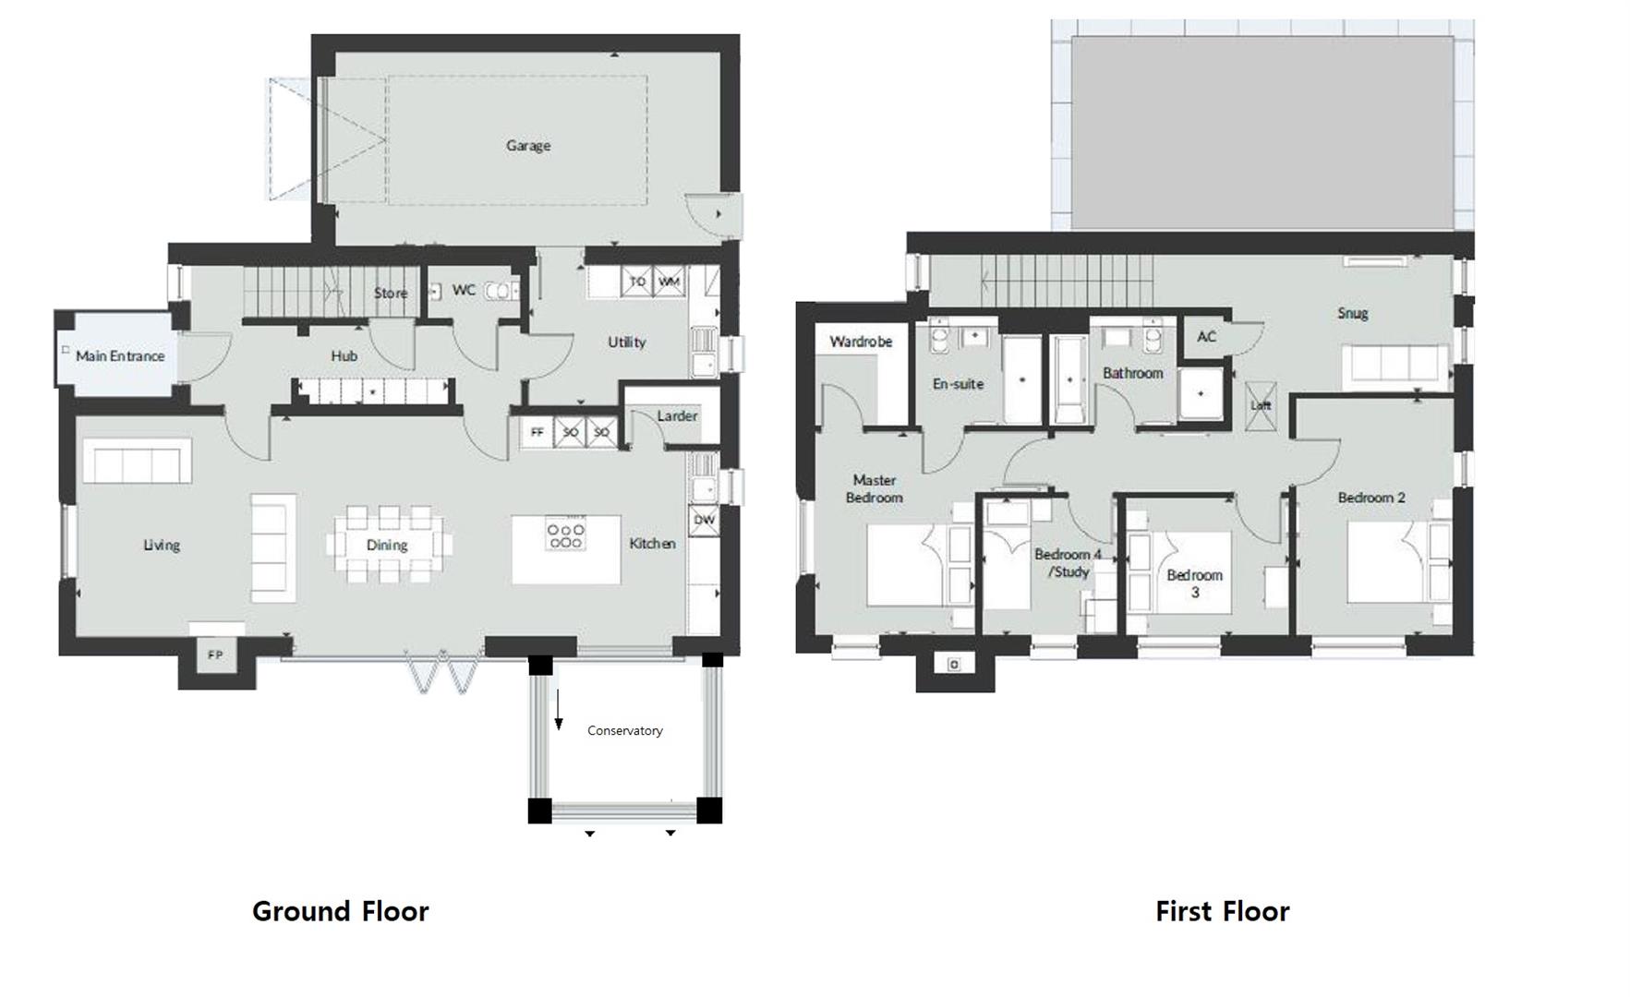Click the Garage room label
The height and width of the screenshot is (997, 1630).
coord(527,145)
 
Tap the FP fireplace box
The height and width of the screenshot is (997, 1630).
coord(215,655)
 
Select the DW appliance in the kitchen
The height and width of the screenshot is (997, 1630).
coord(704,520)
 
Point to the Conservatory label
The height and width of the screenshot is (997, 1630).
coord(624,730)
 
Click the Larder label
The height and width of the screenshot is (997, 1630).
coord(677,416)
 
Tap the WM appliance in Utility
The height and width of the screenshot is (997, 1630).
coord(669,282)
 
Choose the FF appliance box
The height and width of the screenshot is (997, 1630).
coord(537,432)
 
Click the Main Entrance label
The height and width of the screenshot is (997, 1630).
coord(120,355)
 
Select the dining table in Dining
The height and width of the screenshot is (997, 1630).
coord(387,545)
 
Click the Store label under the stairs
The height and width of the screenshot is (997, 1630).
coord(390,293)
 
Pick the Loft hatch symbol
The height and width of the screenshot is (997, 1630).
coord(1261,405)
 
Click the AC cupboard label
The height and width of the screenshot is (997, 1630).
coord(1206,337)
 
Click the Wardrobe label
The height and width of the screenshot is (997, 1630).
coord(860,342)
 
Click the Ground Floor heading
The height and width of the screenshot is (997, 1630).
coord(340,911)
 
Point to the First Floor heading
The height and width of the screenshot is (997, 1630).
coord(1221,911)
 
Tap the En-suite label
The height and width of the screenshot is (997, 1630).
coord(958,384)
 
